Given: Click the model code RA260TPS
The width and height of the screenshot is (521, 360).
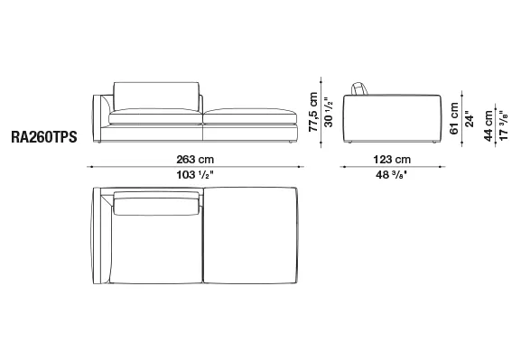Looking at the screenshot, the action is point(44,137).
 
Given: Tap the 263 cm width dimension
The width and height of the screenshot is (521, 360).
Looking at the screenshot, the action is point(195,160).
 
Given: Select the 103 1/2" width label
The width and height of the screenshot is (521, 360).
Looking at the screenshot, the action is point(194,175).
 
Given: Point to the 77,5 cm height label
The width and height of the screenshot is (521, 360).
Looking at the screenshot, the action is point(313,112).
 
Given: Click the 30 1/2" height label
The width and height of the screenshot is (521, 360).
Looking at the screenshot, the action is point(329,112).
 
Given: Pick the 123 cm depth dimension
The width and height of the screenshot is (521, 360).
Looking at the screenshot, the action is point(392,160).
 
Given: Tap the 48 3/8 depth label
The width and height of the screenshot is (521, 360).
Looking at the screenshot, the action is point(391,175).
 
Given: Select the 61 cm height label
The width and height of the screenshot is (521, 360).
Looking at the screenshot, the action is point(454,118).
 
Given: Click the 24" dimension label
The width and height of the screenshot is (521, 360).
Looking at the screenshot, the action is point(470,119).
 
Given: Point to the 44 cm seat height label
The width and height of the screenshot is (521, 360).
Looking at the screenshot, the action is point(488,126).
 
